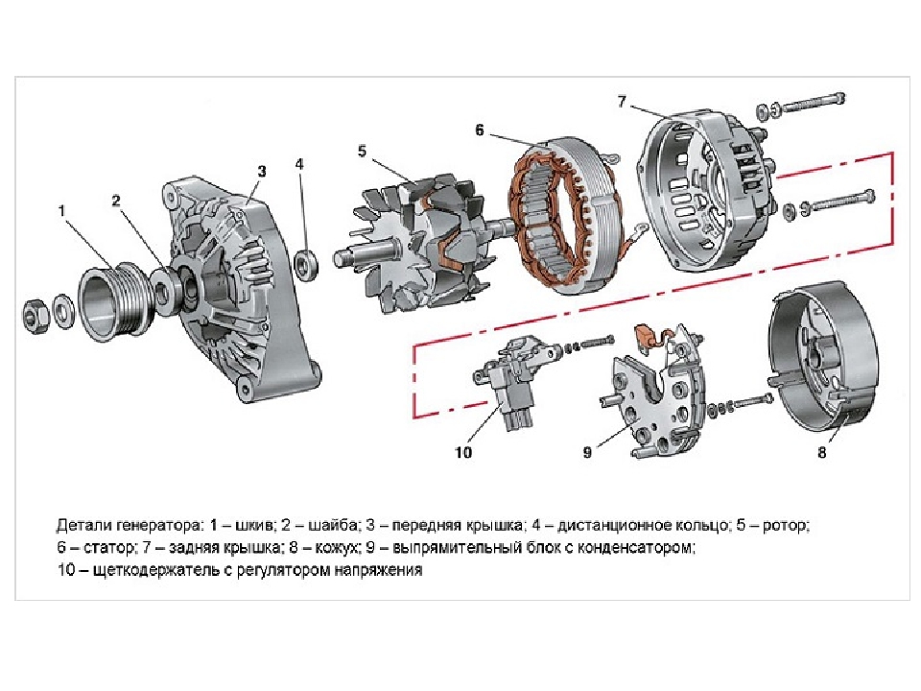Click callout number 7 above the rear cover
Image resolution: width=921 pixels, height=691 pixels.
coord(622,102)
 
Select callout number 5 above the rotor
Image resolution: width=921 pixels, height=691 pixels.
coord(362,151)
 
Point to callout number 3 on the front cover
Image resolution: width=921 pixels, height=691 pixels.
coord(261,171)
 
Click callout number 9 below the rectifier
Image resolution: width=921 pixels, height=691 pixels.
coord(587,452)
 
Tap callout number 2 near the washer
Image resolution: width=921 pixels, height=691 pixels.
coord(116,201)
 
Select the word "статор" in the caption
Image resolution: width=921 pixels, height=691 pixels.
coord(108,548)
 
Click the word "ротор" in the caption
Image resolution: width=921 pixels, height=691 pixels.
coord(785,525)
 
